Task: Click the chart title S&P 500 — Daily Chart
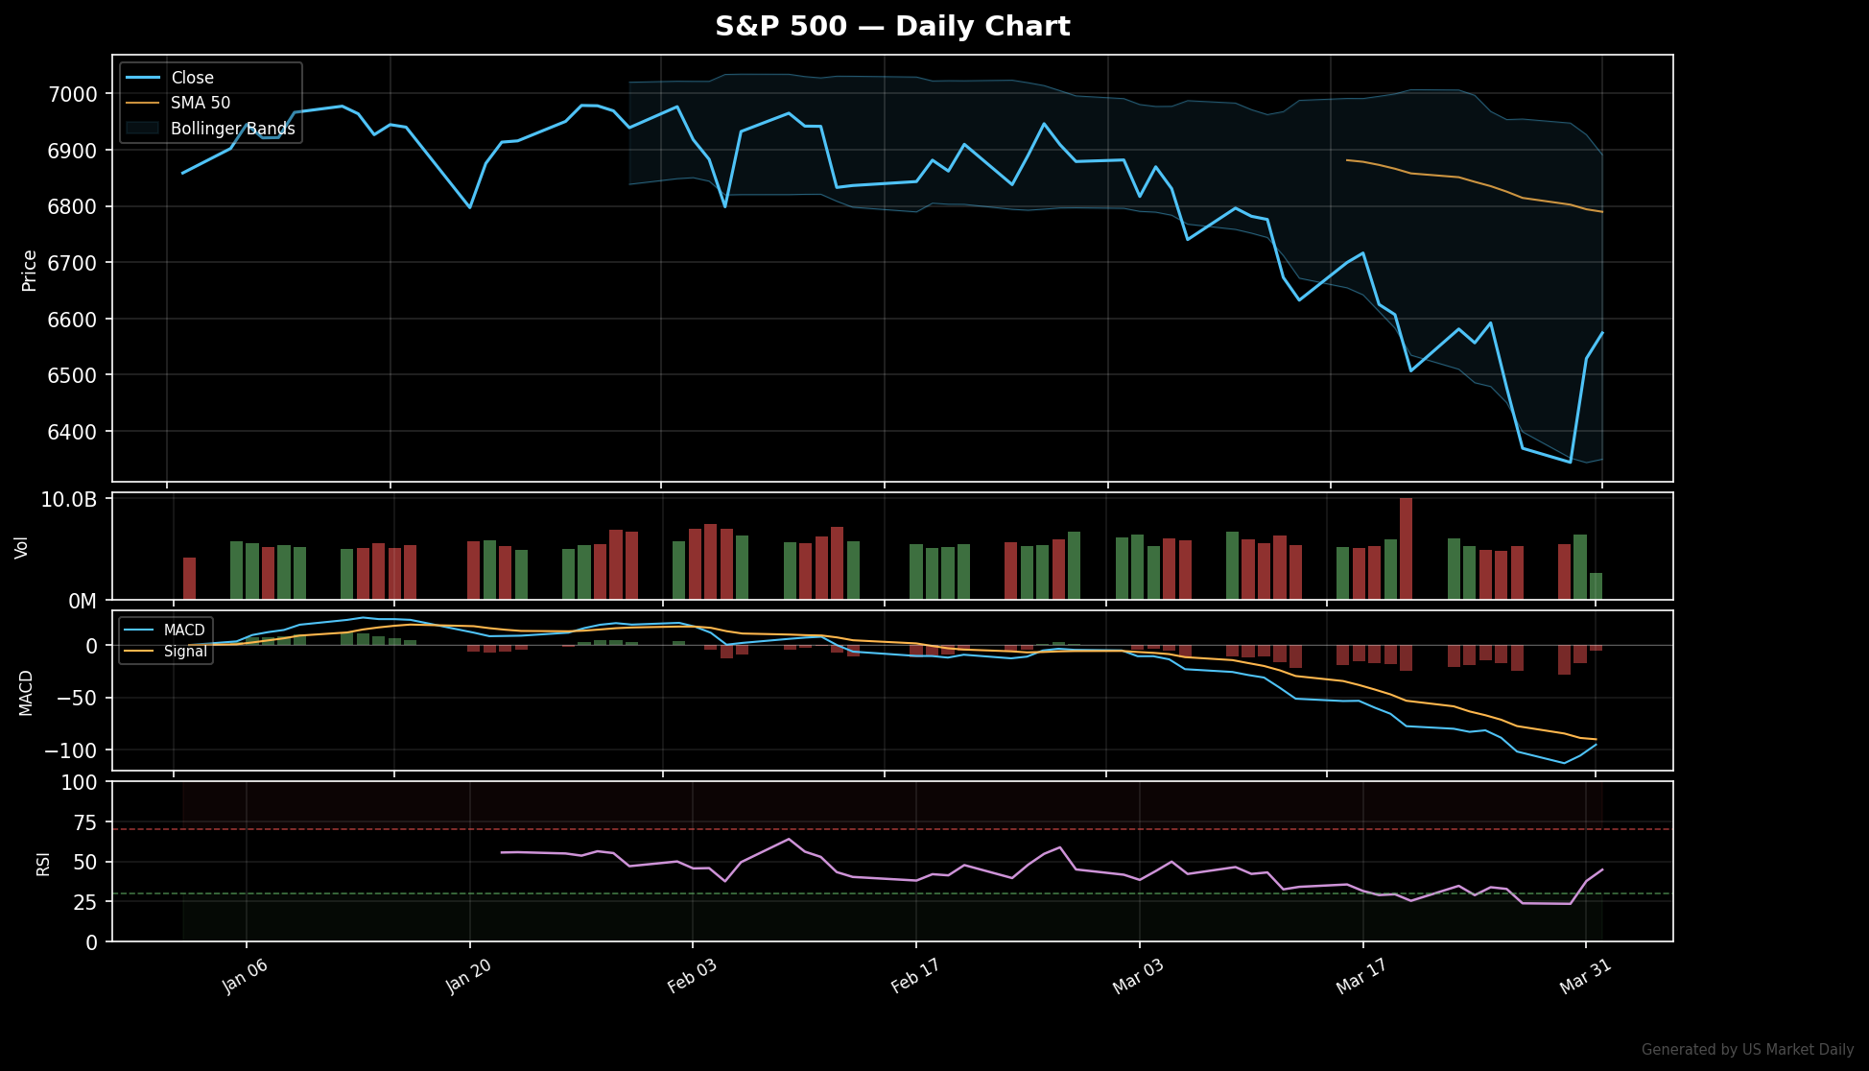(892, 26)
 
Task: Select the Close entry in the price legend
(192, 78)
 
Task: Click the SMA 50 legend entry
(200, 103)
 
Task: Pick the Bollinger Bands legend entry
(232, 129)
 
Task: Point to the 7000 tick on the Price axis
(73, 94)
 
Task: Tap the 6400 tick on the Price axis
(73, 432)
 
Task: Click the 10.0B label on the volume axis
(68, 500)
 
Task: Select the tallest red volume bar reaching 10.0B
(1406, 548)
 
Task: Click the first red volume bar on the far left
(189, 578)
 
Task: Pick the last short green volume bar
(1596, 586)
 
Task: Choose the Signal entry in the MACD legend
(184, 652)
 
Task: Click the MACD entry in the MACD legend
(183, 631)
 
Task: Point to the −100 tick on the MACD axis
(70, 750)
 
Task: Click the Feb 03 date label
(692, 976)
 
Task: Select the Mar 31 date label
(1585, 977)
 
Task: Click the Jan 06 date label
(245, 977)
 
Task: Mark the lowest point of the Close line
(1570, 462)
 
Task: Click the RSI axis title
(43, 863)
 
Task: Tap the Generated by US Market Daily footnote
(1747, 1050)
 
